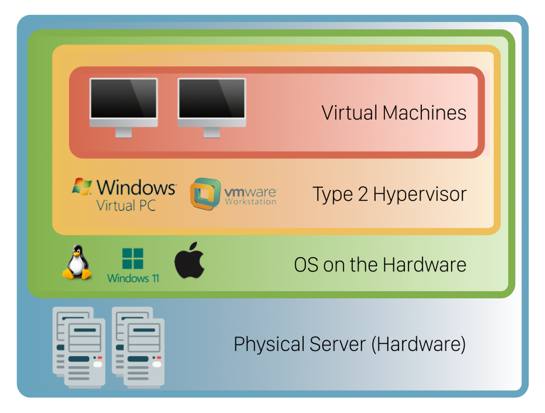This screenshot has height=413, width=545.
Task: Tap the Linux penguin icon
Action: click(77, 263)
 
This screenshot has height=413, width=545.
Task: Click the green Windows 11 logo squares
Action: click(132, 258)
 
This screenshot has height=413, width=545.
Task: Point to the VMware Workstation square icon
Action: click(205, 194)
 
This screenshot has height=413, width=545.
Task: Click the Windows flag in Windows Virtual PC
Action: click(82, 187)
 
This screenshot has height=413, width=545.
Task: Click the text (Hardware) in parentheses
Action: click(419, 345)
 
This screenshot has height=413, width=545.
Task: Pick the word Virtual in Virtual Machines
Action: click(349, 113)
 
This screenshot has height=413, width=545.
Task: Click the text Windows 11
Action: click(133, 278)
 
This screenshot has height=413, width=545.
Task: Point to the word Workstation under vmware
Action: click(250, 202)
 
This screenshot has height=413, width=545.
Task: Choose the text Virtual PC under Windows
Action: click(127, 206)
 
